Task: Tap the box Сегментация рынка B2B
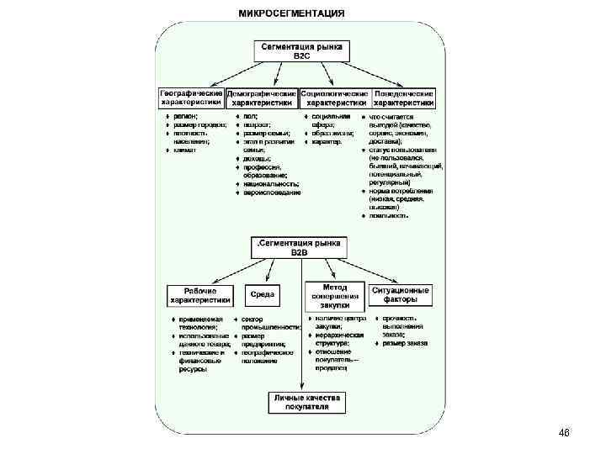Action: [300, 246]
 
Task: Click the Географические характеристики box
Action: [193, 98]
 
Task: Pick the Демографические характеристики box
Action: [263, 98]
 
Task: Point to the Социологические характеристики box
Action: [334, 98]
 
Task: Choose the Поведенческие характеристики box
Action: [404, 98]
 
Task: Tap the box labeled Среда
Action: [263, 295]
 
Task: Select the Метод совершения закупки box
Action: [334, 296]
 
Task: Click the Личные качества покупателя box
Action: [300, 403]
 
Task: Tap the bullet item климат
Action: [185, 150]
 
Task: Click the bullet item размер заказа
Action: [405, 344]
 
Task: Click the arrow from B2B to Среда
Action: [268, 273]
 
